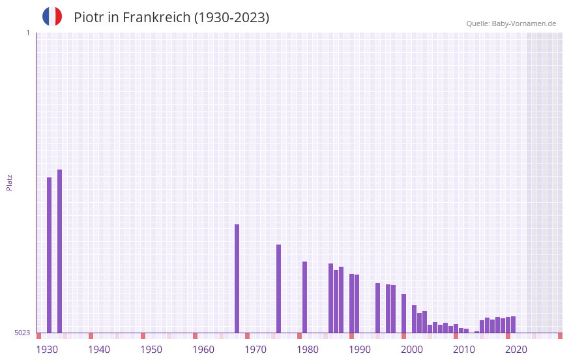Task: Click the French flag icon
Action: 52,16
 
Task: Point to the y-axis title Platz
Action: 9,182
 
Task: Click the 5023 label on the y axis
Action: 22,333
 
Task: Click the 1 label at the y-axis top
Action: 27,33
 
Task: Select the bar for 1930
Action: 49,254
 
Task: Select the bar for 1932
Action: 59,251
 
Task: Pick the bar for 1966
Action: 237,278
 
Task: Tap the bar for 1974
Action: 278,288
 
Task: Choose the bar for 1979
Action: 304,297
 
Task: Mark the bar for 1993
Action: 377,308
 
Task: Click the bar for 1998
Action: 403,313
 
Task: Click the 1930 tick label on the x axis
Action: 47,350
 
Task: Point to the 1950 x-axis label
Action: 151,350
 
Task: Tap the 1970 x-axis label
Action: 255,350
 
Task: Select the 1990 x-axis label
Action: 360,350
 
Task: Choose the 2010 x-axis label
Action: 464,350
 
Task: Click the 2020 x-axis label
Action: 516,350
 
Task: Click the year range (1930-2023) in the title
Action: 231,18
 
